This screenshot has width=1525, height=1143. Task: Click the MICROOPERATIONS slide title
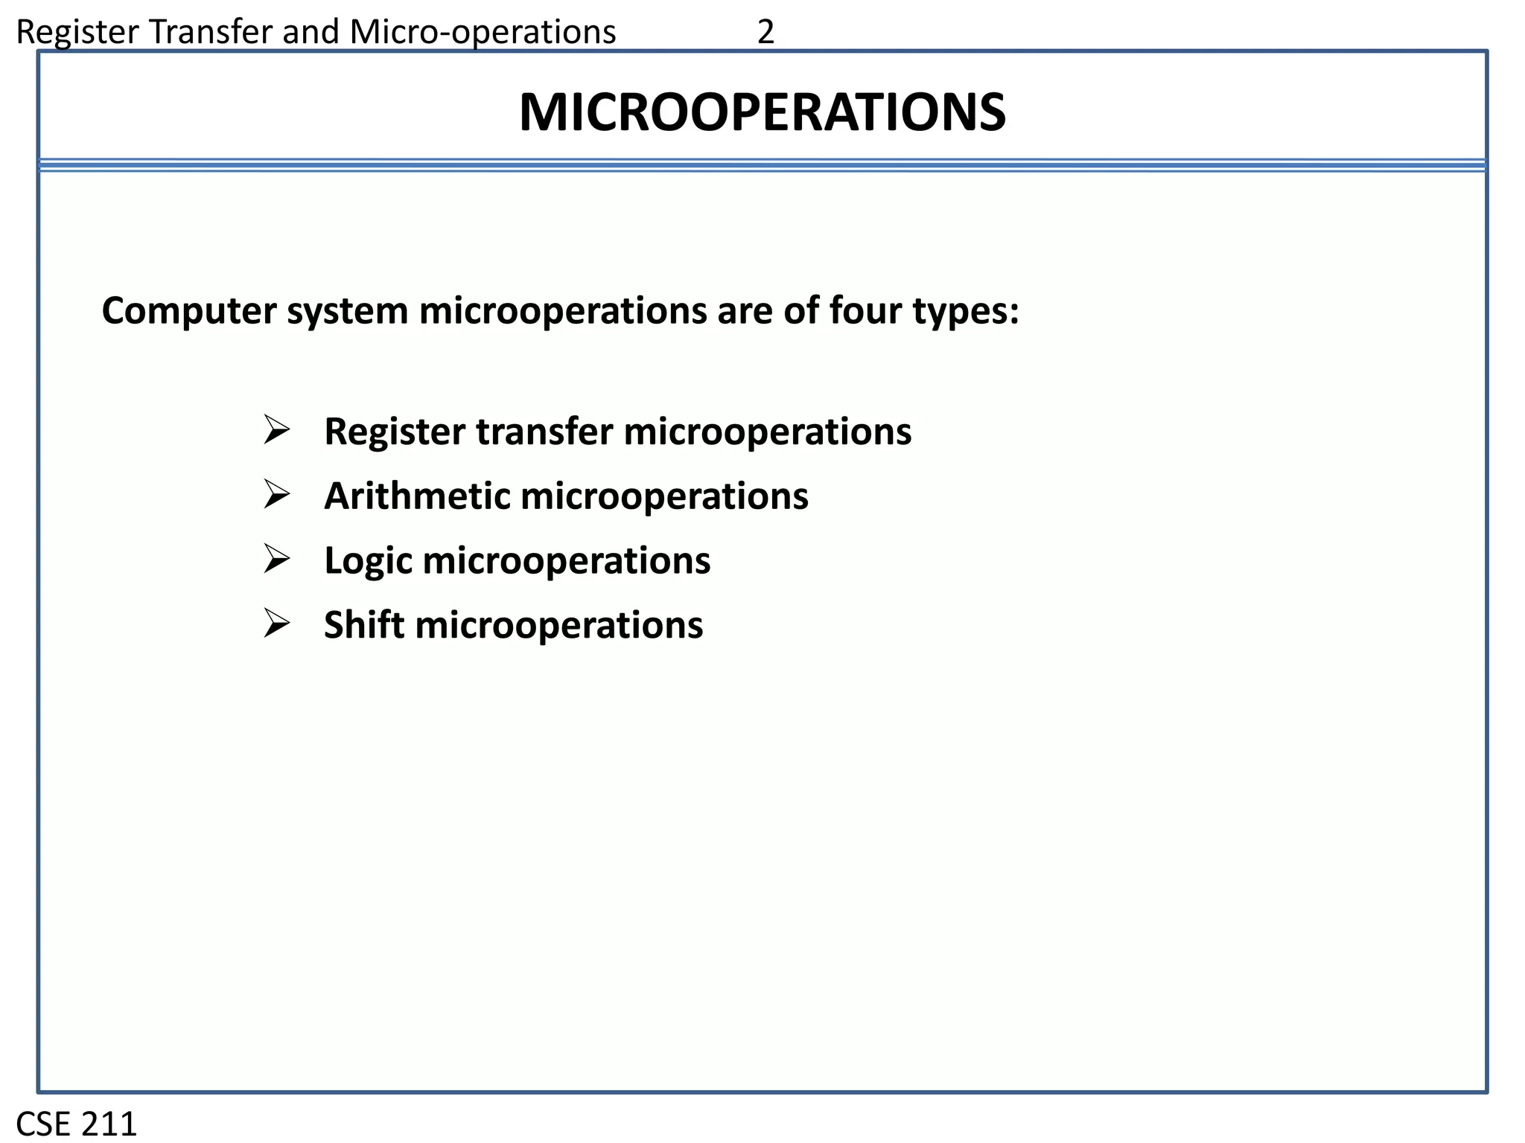pos(762,113)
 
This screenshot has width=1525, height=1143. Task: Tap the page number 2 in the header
pos(765,32)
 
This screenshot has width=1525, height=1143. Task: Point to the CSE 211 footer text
pos(77,1124)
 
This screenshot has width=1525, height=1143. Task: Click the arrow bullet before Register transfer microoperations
pos(276,431)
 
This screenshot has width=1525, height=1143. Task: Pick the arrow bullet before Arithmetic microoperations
pos(276,495)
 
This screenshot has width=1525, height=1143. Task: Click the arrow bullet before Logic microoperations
pos(276,560)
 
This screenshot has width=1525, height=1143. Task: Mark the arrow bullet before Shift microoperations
pos(276,624)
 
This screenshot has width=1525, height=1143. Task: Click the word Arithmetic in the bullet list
pos(417,496)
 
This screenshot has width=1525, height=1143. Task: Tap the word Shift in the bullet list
pos(364,624)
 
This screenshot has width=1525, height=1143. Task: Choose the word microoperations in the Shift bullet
pos(558,626)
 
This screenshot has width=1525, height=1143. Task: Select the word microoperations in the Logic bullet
pos(566,561)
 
